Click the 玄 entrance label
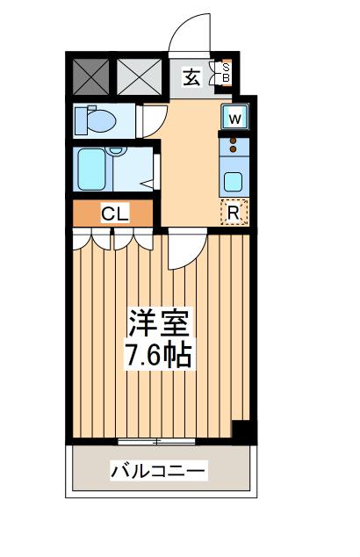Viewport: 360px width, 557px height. [191, 77]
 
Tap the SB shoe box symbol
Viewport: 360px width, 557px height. [225, 73]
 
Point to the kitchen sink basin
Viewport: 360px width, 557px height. [234, 182]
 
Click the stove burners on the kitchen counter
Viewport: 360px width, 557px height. [234, 144]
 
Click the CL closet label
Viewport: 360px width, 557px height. [114, 213]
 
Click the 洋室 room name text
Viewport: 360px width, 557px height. [160, 322]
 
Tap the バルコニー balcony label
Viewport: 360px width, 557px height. [159, 472]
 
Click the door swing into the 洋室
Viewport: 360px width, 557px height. [184, 249]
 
